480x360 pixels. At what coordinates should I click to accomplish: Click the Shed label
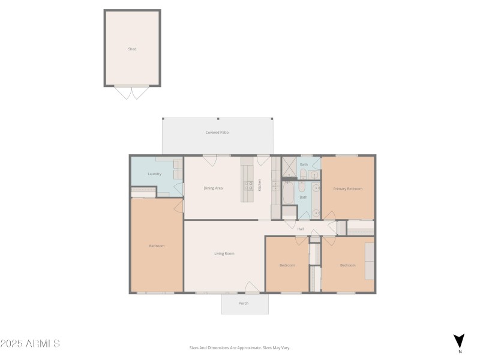[132, 49]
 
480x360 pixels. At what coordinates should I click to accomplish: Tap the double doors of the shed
[132, 92]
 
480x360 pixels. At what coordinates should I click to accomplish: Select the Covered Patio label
[217, 132]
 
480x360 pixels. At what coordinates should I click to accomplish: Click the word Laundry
[154, 174]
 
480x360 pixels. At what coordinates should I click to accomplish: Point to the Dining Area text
[213, 188]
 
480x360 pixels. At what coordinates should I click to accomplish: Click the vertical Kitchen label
[260, 185]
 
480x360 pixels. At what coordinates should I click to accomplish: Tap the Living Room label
[224, 253]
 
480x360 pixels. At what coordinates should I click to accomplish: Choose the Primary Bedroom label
[348, 188]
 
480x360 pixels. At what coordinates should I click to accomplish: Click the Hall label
[300, 229]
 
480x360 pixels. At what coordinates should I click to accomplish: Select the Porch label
[244, 303]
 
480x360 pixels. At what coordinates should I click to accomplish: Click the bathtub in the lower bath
[288, 193]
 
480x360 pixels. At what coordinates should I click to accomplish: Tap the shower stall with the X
[290, 166]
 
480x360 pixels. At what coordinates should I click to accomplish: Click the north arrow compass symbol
[459, 340]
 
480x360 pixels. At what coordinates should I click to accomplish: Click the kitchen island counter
[248, 179]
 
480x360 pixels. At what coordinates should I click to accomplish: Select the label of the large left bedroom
[157, 246]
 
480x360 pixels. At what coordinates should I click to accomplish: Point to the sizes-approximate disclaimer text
[240, 347]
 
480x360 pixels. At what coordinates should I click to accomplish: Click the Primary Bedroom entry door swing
[328, 215]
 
